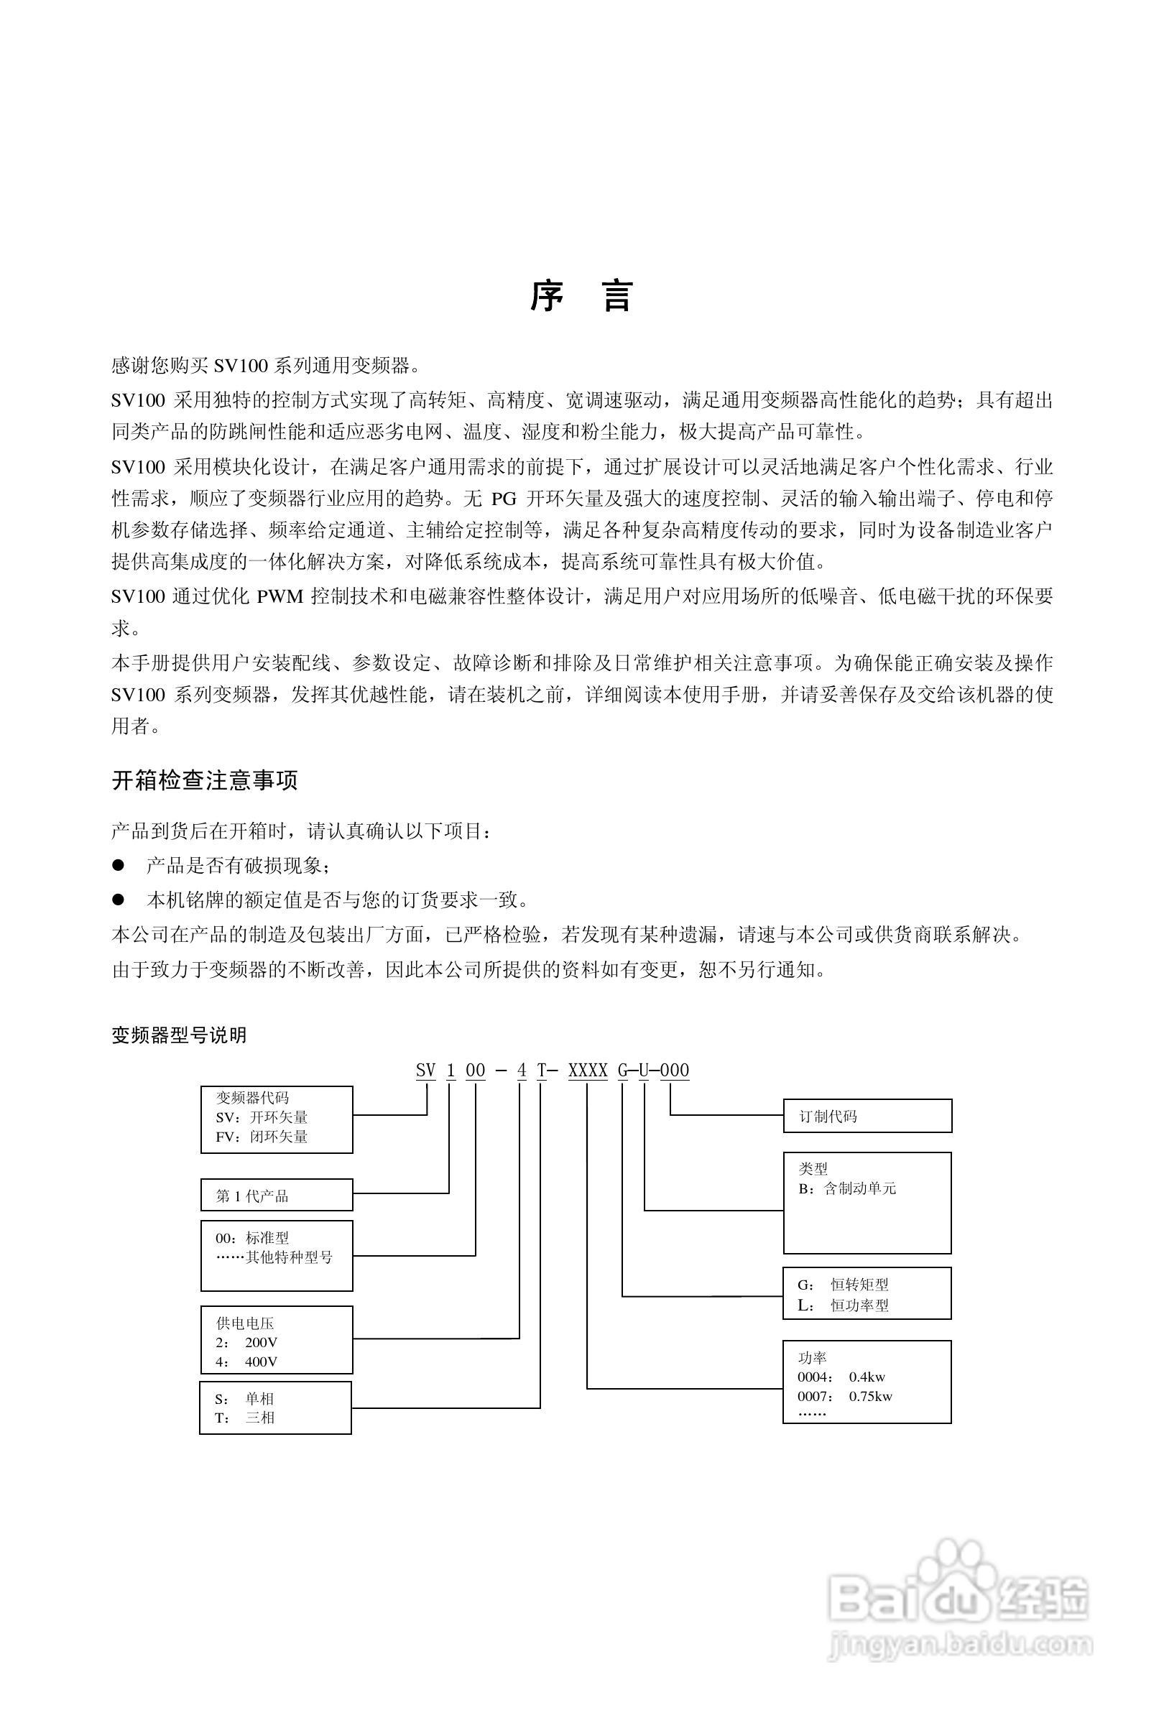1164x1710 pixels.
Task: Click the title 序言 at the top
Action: coord(581,297)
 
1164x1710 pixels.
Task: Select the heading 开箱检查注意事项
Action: coord(205,780)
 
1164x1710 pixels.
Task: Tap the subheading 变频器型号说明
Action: coord(179,1036)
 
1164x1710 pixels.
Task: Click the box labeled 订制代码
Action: coord(867,1117)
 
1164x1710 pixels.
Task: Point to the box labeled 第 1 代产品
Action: coord(277,1196)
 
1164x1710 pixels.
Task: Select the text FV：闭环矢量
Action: coord(262,1137)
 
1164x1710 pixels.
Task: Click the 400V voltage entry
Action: coord(261,1362)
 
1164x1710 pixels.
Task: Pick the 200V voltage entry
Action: coord(261,1342)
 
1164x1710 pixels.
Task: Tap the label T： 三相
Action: coord(245,1418)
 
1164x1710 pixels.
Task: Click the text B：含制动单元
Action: coord(847,1188)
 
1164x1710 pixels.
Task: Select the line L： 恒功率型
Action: coord(844,1305)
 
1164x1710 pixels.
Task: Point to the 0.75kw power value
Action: coord(870,1397)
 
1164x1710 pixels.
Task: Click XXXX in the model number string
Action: coord(588,1071)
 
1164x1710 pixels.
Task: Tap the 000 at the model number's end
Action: coord(675,1071)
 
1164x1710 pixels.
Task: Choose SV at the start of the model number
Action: coord(426,1071)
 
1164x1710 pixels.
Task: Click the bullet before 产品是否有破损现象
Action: coord(119,865)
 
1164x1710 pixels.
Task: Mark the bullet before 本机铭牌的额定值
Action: coord(119,899)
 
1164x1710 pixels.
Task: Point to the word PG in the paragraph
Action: coord(504,498)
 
